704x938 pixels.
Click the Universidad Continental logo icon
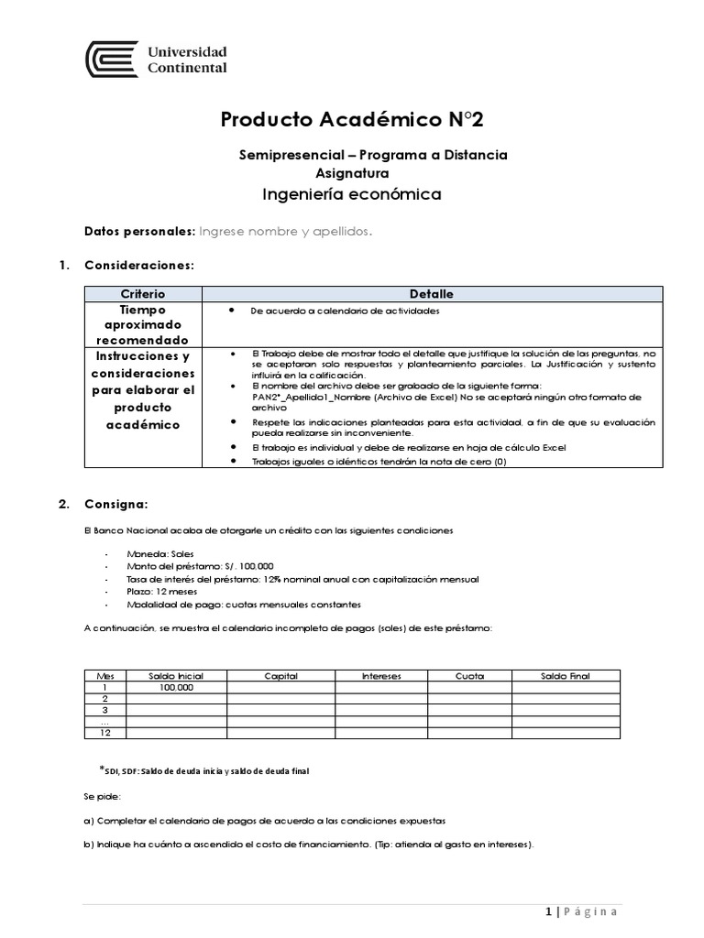(x=112, y=60)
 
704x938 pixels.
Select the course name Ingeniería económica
(x=352, y=194)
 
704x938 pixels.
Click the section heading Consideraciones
(x=138, y=266)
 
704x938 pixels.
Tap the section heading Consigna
(x=114, y=504)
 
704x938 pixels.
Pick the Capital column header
(x=280, y=676)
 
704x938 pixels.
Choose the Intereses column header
(x=380, y=676)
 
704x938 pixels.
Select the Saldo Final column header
(x=566, y=676)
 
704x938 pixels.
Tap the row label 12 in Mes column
(x=104, y=732)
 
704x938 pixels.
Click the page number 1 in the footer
(x=548, y=911)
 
